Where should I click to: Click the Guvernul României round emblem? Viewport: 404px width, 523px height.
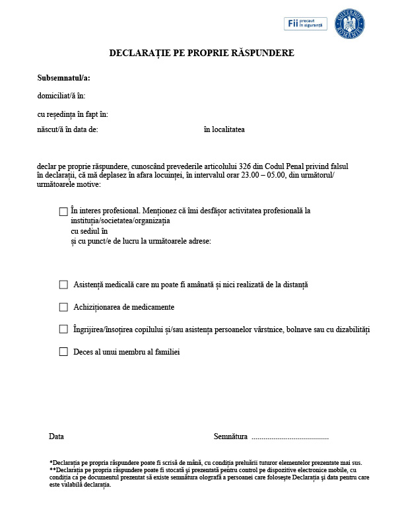[350, 23]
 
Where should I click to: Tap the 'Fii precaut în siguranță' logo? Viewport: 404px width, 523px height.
[305, 24]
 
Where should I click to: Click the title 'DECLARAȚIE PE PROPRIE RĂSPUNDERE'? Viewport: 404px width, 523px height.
[201, 53]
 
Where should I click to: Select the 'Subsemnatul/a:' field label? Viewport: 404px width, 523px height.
[63, 78]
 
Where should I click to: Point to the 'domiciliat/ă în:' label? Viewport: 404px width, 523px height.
[61, 96]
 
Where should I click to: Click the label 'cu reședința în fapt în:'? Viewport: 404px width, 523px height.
[73, 114]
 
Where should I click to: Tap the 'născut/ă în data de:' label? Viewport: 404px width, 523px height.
[67, 129]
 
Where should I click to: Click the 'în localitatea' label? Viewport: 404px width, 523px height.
[224, 129]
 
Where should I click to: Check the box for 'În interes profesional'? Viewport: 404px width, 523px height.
[63, 211]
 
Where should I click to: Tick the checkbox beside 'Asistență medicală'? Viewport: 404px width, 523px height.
[63, 285]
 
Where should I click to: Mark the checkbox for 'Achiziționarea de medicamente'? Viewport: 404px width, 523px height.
[63, 307]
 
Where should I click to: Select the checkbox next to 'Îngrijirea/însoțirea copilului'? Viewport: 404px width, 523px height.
[63, 329]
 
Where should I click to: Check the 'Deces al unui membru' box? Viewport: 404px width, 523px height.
[63, 352]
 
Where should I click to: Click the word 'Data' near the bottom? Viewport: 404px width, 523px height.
[56, 436]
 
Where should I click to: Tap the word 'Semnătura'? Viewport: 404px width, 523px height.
[230, 436]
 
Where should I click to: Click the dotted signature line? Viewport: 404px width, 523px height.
[290, 438]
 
